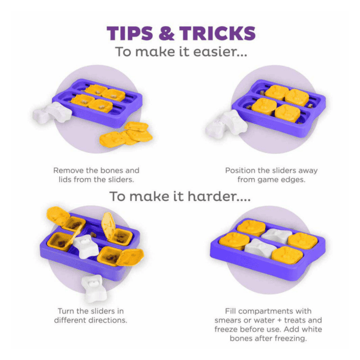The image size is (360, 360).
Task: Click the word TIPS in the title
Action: tap(130, 33)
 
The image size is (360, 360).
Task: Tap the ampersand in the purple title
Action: tap(167, 33)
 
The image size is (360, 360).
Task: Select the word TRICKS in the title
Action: tap(218, 33)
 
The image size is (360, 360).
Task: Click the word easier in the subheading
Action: tap(220, 51)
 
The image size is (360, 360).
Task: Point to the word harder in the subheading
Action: tap(219, 196)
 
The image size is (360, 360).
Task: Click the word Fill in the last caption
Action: tap(230, 311)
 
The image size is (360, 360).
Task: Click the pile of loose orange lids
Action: tap(126, 135)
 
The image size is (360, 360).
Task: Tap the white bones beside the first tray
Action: tap(52, 113)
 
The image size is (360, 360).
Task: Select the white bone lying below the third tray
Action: tap(94, 287)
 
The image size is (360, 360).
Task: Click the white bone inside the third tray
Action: tap(85, 246)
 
